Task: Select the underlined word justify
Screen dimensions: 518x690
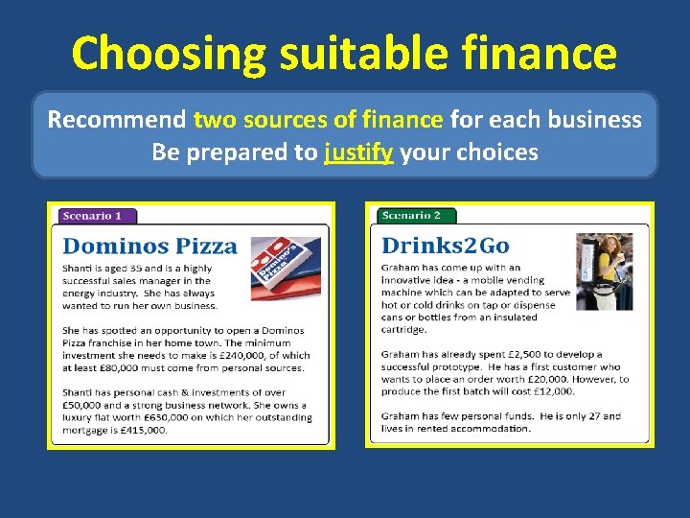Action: tap(358, 153)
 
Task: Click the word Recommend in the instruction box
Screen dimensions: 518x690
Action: tap(117, 120)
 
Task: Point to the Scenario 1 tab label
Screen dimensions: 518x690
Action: tap(93, 217)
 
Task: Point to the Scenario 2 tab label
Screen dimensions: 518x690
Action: tap(411, 216)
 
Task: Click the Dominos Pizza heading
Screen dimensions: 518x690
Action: tap(149, 247)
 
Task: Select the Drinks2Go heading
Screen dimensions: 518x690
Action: tap(446, 246)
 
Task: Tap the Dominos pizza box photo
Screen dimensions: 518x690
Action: tap(286, 270)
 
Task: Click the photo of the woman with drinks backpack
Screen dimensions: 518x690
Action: tap(603, 271)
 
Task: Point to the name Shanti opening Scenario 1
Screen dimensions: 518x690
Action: tap(80, 269)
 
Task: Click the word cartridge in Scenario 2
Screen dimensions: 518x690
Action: tap(403, 329)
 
